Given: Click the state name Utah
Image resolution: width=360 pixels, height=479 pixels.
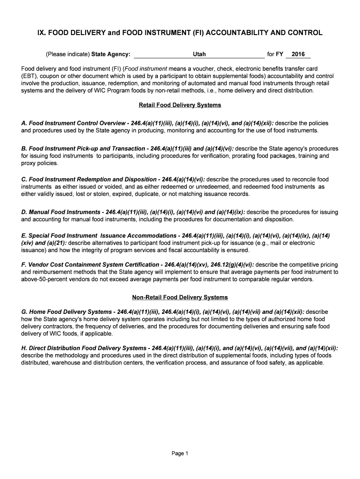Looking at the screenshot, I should (199, 54).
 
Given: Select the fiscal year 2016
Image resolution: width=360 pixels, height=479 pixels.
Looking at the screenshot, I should (298, 54).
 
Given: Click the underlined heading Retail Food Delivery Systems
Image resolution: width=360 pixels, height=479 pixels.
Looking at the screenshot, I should (180, 105).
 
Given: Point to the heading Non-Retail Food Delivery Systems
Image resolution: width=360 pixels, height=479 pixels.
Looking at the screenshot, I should (180, 297).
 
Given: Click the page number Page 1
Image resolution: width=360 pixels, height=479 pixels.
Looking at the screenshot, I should (180, 453).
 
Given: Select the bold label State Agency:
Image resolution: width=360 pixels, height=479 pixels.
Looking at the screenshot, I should (111, 54).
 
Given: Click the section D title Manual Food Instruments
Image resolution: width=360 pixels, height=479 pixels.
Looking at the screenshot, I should (61, 212).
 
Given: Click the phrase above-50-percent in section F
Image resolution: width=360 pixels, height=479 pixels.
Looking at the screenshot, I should (41, 279).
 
